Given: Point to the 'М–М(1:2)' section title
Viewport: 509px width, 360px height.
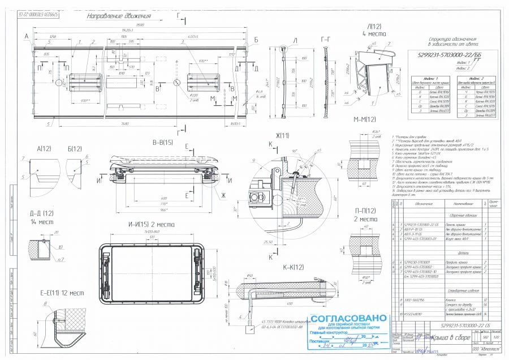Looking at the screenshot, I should [364, 120].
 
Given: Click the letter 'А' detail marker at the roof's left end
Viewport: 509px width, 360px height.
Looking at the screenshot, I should [26, 36].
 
